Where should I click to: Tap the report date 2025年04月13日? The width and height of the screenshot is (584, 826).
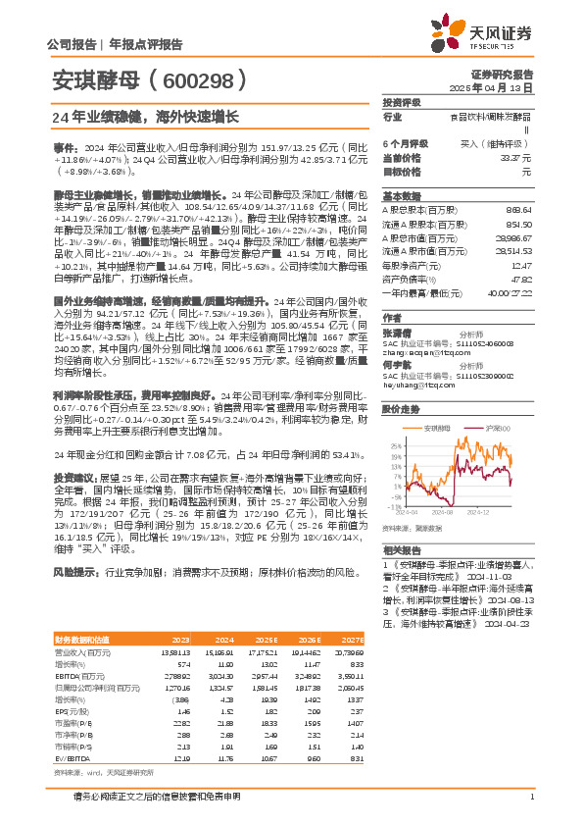(x=504, y=87)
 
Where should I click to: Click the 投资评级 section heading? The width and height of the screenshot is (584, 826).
(x=402, y=101)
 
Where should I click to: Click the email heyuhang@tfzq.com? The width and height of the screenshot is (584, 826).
(x=416, y=387)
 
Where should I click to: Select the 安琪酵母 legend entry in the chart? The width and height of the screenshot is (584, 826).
(x=437, y=429)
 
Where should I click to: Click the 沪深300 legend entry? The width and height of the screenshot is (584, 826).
(x=494, y=429)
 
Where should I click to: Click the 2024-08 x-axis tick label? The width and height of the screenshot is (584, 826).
(x=444, y=511)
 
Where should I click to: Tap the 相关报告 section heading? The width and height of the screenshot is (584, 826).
(x=401, y=551)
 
